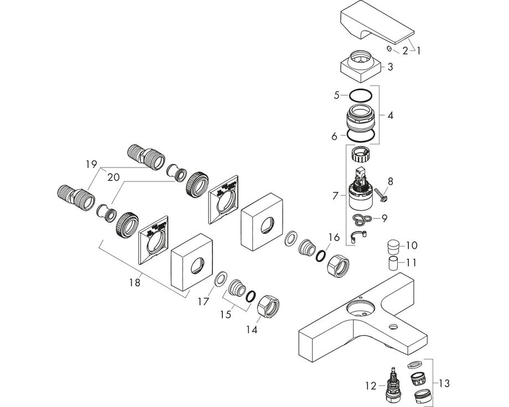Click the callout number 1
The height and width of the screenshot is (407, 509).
tap(418, 51)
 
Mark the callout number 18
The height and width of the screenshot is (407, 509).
tap(134, 282)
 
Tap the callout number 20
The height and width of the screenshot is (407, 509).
tap(113, 177)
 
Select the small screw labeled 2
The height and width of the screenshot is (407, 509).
tap(390, 50)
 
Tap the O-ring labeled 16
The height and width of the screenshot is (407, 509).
tap(320, 255)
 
